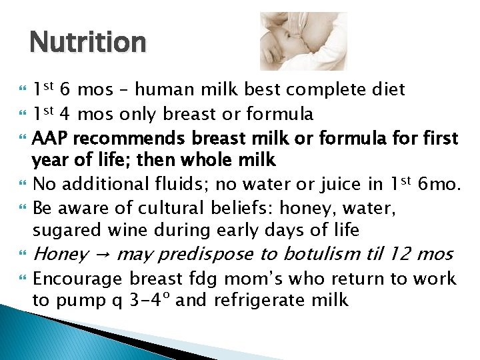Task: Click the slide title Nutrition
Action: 87,43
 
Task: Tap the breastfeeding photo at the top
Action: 303,41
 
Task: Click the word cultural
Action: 147,208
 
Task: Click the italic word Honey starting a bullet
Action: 60,255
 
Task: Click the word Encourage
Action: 77,279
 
